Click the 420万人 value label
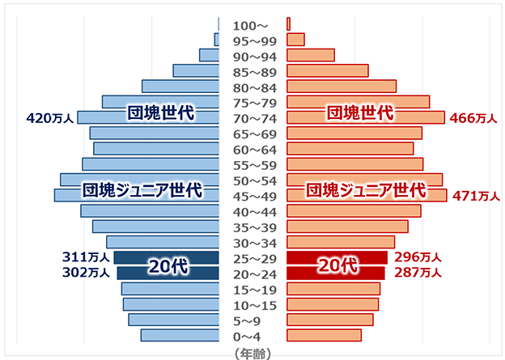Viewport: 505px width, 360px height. point(50,118)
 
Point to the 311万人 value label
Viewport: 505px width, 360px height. point(86,257)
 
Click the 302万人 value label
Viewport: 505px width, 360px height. point(86,273)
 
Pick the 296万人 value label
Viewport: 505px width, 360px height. point(417,257)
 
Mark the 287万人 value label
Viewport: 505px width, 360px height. point(417,273)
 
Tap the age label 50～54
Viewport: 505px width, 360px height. point(253,180)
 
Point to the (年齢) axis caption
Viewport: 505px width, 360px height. point(252,353)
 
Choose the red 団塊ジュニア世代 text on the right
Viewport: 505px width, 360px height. point(365,191)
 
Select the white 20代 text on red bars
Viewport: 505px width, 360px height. point(337,265)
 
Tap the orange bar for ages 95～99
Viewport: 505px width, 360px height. point(295,40)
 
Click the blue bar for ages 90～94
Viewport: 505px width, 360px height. point(209,55)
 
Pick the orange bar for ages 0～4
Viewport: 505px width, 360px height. point(324,336)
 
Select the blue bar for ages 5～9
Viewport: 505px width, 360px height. point(173,320)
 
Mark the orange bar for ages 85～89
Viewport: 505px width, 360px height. point(327,70)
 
